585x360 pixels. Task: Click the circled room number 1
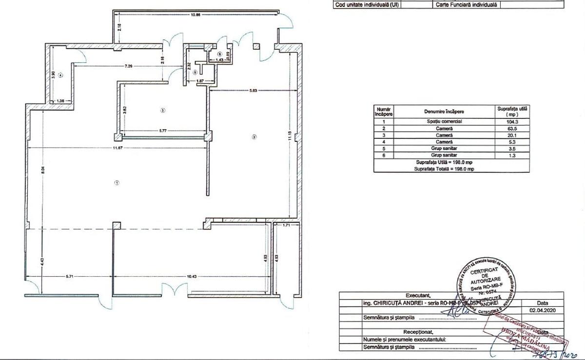point(117,183)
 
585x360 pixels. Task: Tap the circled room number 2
point(253,137)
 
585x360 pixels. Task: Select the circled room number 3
point(162,110)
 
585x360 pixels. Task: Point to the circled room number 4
point(60,75)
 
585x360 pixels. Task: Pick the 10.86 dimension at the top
point(196,15)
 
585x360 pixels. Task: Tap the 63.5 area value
point(511,128)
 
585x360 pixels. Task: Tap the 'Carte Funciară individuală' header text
point(465,5)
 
